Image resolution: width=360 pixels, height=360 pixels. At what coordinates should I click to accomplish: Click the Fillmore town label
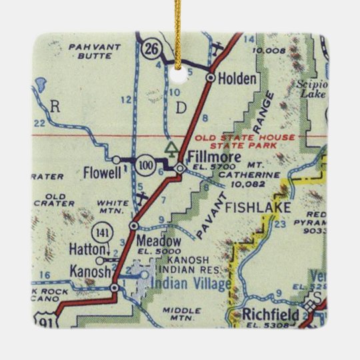(x=213, y=155)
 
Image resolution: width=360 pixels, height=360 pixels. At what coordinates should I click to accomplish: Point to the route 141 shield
(x=101, y=233)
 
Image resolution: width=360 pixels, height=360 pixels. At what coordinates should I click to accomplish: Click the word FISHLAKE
(x=257, y=207)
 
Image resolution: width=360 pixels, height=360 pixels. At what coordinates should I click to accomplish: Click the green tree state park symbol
(x=172, y=147)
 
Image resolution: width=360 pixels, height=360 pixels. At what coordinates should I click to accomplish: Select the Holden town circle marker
(x=211, y=78)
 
